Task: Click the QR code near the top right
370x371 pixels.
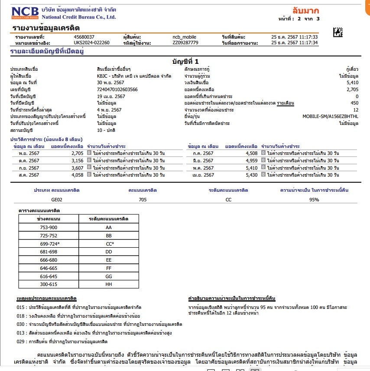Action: point(338,32)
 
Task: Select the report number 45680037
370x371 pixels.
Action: point(84,37)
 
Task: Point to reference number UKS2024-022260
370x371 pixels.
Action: point(91,43)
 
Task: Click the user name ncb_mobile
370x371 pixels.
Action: point(184,37)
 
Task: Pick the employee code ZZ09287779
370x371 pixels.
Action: point(185,43)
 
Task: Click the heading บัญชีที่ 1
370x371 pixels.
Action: point(185,62)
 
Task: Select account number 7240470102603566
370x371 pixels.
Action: point(117,89)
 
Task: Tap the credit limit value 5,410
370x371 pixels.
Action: point(352,82)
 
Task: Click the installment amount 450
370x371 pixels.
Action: point(354,103)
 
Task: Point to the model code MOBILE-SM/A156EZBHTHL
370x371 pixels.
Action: point(330,117)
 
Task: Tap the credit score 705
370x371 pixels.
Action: point(143,200)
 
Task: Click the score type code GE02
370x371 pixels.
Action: point(57,200)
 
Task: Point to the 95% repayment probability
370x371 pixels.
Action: point(314,200)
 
